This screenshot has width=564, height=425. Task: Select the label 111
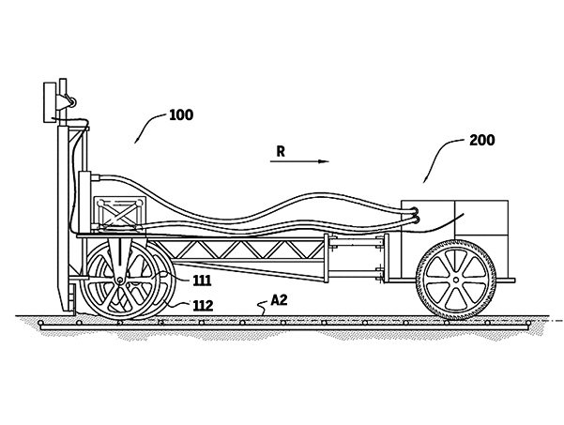[x=201, y=279]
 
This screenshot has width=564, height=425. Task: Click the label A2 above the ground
[x=279, y=301]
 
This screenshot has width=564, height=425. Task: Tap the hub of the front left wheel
[x=119, y=281]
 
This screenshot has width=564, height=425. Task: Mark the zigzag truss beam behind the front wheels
[x=239, y=253]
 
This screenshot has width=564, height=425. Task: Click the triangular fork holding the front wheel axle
[x=120, y=253]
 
